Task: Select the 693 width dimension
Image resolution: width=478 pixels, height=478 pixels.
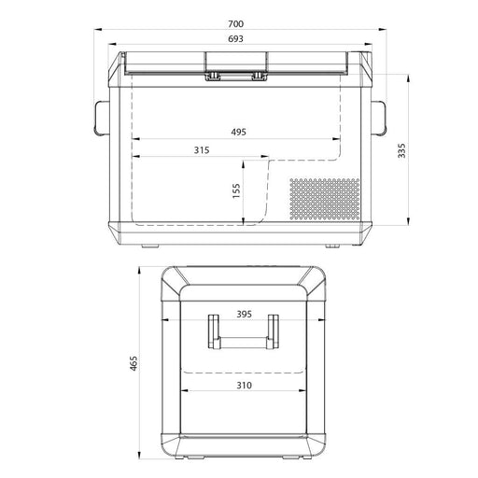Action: point(239,40)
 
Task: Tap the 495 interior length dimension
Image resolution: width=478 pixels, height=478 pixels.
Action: point(239,133)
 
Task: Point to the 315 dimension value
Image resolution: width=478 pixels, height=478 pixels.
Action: point(201,149)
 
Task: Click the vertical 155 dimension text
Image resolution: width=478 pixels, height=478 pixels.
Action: point(237,190)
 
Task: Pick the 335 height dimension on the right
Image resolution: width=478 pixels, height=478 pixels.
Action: point(401,152)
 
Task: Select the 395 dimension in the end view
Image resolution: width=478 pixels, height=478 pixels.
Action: point(244,315)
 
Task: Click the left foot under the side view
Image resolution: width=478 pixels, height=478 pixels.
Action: point(149,246)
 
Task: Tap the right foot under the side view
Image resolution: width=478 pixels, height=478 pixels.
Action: point(330,246)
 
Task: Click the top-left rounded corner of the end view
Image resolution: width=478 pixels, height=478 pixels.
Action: point(173,277)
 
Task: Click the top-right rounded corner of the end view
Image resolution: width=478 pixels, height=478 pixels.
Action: point(315,277)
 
